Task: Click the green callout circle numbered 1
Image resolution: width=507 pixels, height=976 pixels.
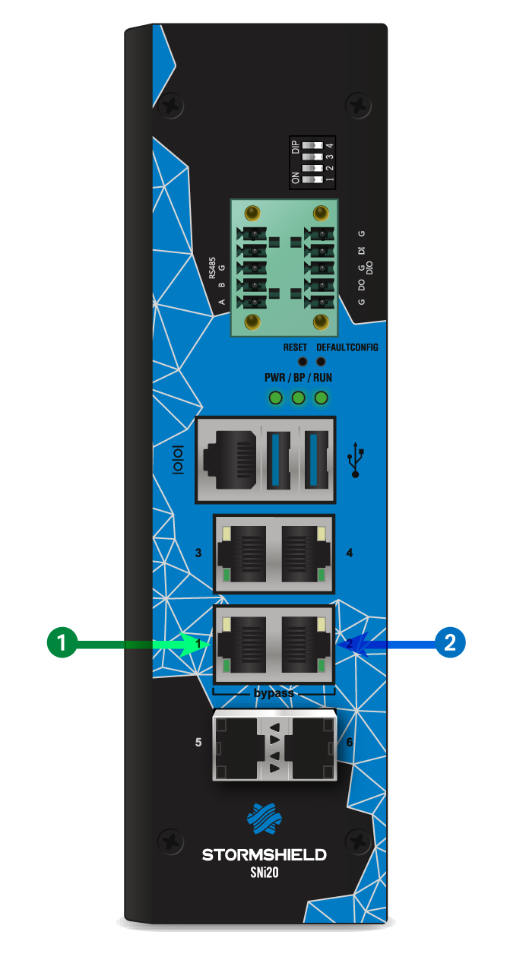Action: pyautogui.click(x=62, y=643)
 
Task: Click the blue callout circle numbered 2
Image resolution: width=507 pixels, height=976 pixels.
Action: pyautogui.click(x=449, y=643)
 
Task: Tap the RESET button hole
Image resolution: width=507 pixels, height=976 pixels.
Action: pyautogui.click(x=302, y=362)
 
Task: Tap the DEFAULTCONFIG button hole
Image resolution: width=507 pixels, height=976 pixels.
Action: pyautogui.click(x=320, y=362)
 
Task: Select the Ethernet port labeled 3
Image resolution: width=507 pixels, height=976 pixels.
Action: pyautogui.click(x=242, y=553)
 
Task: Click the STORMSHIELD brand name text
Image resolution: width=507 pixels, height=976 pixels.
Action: pyautogui.click(x=264, y=855)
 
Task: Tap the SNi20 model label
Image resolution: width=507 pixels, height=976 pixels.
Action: pyautogui.click(x=264, y=873)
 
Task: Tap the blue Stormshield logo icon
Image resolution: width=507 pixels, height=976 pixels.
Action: pyautogui.click(x=264, y=819)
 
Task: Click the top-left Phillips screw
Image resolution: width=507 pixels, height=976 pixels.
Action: pyautogui.click(x=172, y=103)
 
